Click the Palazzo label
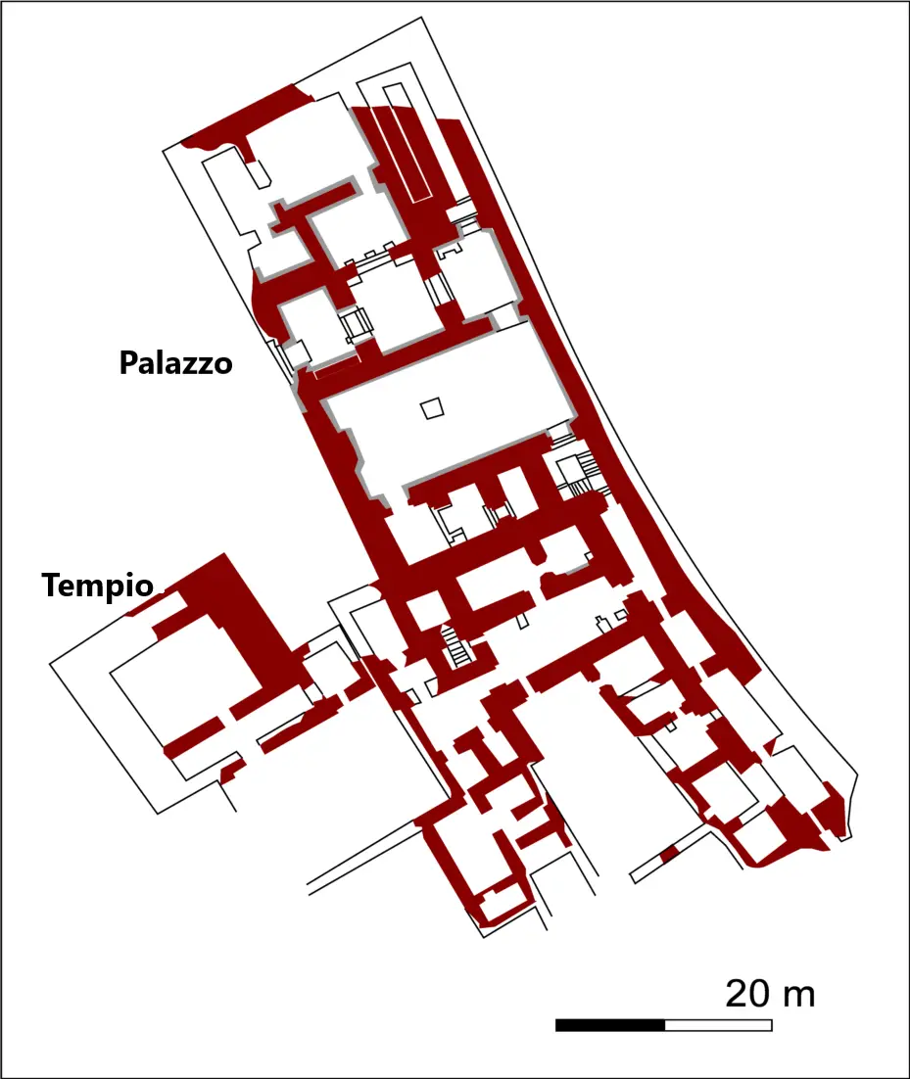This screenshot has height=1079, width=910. (175, 362)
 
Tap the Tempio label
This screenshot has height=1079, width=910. (98, 586)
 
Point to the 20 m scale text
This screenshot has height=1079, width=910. (770, 994)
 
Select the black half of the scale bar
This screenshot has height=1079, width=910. (610, 1025)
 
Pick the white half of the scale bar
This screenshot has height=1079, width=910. (719, 1025)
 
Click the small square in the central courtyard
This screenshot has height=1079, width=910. (433, 408)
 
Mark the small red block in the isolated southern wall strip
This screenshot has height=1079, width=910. (669, 856)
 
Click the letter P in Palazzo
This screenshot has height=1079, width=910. (127, 362)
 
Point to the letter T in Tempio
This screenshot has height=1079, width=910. (52, 585)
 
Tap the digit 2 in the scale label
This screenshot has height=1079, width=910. (738, 995)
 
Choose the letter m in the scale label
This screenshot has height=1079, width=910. (801, 998)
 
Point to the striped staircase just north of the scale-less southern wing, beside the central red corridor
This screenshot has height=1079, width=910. (455, 646)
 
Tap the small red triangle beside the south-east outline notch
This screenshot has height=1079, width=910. (771, 746)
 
